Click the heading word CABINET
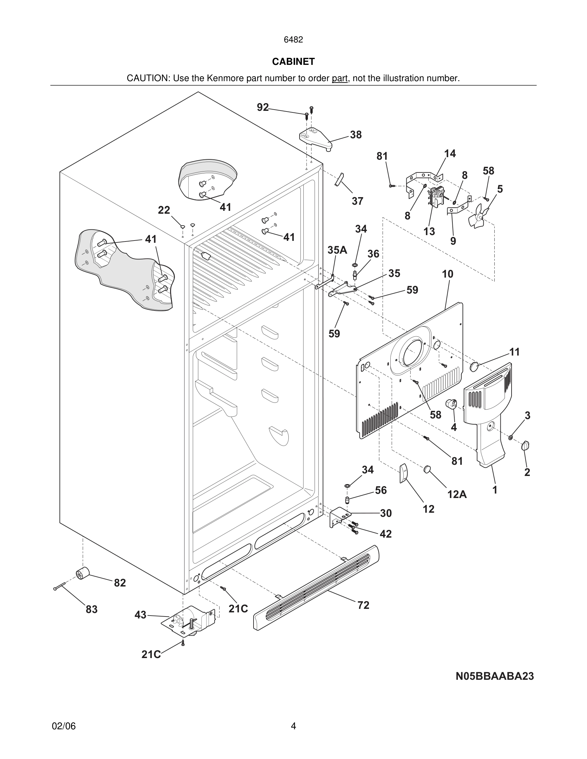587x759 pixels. click(x=293, y=62)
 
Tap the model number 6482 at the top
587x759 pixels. click(x=293, y=40)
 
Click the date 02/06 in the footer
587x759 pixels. click(x=64, y=726)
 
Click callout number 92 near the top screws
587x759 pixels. click(x=263, y=107)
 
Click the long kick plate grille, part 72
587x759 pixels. click(x=317, y=588)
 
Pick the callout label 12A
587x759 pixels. click(x=457, y=494)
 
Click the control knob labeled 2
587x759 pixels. click(x=525, y=446)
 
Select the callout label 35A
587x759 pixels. click(x=337, y=250)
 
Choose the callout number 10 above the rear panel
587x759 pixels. click(x=448, y=274)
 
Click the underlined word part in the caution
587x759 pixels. click(x=340, y=79)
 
